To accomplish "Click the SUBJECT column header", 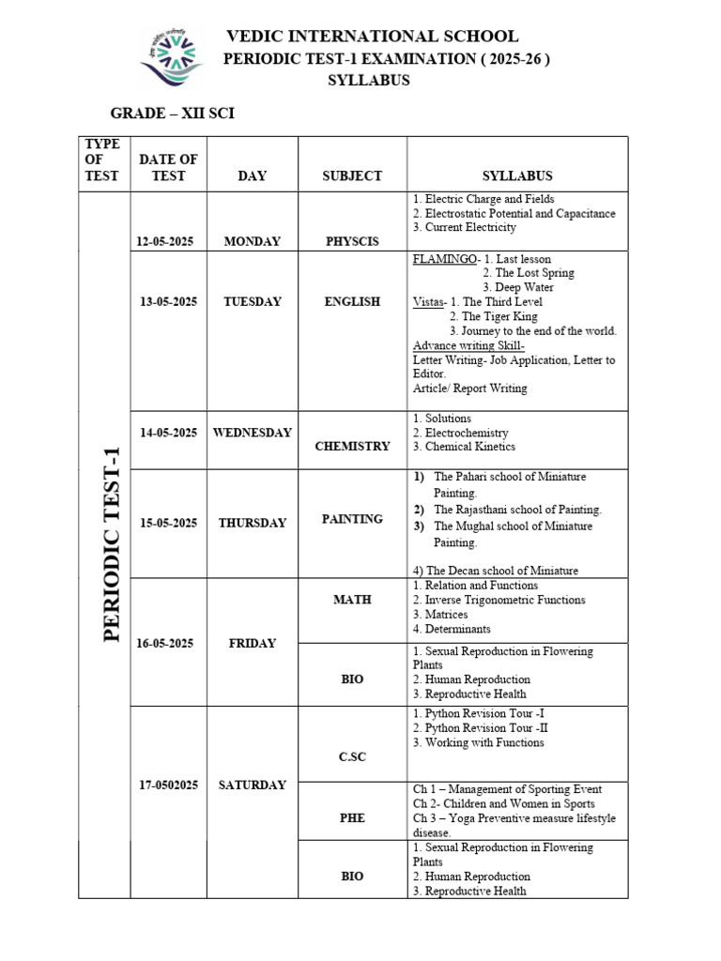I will (x=352, y=175).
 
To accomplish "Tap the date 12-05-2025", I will (x=164, y=241).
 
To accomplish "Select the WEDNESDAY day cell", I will (x=252, y=433).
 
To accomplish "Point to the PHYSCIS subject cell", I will (x=352, y=241).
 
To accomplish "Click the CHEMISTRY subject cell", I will (x=352, y=446).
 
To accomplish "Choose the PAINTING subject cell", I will (x=352, y=519).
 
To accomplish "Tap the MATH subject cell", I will (x=352, y=600).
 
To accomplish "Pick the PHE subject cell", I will (x=352, y=818).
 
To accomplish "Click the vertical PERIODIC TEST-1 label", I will (x=112, y=543).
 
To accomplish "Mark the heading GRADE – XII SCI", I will (x=172, y=114).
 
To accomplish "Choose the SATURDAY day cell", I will (x=252, y=786).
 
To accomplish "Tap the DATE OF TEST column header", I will (x=168, y=168).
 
